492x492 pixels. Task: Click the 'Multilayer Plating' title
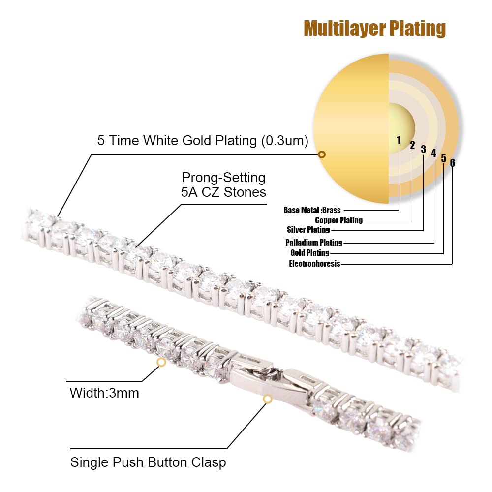coord(374,29)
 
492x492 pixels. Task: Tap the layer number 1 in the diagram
coord(399,140)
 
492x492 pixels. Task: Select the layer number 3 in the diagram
coord(423,149)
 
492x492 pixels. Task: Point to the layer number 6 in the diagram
coord(453,163)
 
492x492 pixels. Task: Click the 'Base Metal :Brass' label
coord(312,210)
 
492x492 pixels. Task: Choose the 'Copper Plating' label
coord(339,220)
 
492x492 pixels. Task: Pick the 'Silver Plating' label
coord(308,230)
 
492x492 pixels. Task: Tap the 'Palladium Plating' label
coord(314,242)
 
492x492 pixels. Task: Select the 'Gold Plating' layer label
coord(309,252)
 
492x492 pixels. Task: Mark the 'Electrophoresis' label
coord(314,263)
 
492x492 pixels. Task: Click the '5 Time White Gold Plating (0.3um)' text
coord(203,141)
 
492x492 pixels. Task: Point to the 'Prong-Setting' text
coord(223,178)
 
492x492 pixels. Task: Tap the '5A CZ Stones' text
coord(223,192)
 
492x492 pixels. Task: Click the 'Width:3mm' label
coord(104,393)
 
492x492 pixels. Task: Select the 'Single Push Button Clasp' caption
coord(148,462)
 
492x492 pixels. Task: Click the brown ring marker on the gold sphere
coord(322,154)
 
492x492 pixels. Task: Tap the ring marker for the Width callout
coord(161,362)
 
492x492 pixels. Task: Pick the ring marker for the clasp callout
coord(267,399)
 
